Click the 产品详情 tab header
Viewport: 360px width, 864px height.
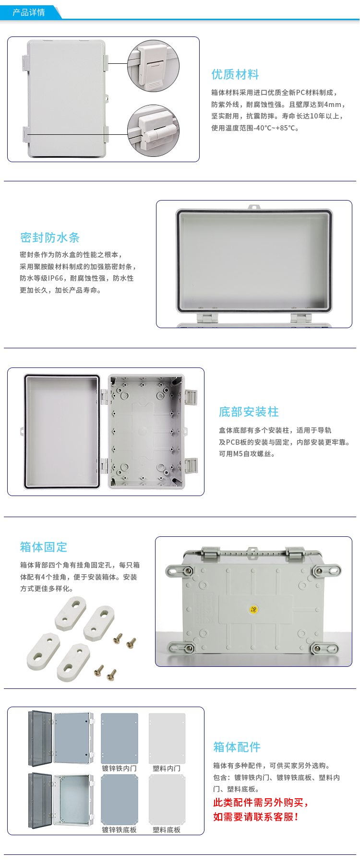click(29, 12)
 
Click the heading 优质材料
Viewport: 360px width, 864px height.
click(235, 74)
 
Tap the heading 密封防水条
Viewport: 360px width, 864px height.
click(50, 237)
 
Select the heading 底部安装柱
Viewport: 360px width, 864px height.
click(249, 412)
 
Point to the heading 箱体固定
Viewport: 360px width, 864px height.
click(44, 547)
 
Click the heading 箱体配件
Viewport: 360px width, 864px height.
click(237, 747)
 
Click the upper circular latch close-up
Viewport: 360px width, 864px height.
click(153, 66)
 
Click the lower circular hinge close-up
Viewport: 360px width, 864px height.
click(153, 130)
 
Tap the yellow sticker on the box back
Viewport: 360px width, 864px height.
click(254, 610)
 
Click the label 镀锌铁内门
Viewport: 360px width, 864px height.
click(119, 769)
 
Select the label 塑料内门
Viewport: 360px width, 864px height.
click(167, 769)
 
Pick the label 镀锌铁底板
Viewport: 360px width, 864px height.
click(119, 830)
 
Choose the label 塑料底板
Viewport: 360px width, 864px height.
click(167, 830)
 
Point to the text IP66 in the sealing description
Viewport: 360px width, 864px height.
click(56, 278)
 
